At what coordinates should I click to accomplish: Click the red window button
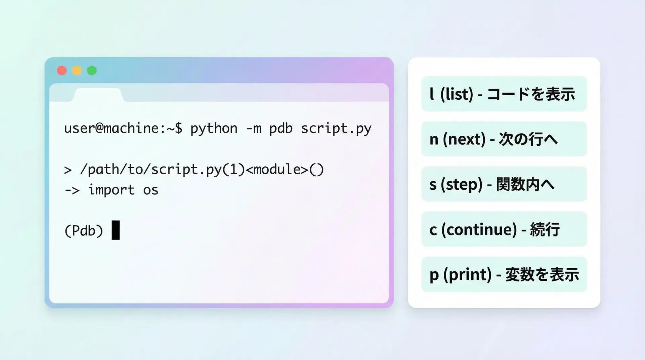click(62, 71)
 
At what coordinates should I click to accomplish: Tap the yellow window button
click(77, 71)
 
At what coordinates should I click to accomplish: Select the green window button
click(92, 71)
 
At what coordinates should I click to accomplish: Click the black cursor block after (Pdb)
click(116, 230)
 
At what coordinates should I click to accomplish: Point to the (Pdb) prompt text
click(84, 231)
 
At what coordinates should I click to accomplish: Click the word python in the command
click(214, 129)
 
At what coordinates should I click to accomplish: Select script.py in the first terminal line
click(336, 129)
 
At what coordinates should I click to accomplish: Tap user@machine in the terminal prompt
click(111, 128)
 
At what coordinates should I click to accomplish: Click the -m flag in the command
click(254, 129)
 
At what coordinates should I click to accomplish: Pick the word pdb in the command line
click(281, 129)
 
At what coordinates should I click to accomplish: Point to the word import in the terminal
click(111, 190)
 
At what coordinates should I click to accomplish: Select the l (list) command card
click(504, 94)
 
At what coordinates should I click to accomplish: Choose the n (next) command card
click(504, 139)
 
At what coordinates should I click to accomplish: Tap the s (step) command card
click(504, 184)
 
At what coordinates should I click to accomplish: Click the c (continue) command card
click(504, 229)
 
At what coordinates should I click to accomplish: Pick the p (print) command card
click(504, 274)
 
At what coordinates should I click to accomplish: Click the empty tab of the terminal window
click(98, 95)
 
